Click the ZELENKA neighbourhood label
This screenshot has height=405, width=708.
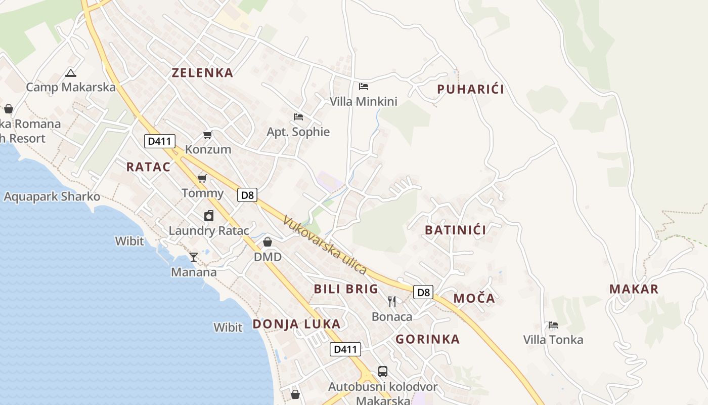tap(202, 73)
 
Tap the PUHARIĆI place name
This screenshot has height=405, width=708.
tap(470, 90)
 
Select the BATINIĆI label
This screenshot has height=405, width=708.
tap(455, 230)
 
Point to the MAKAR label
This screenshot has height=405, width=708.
tap(634, 289)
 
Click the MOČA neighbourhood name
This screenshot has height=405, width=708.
tap(474, 298)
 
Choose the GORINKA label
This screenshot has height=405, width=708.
tap(427, 339)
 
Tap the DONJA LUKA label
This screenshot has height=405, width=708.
tap(296, 324)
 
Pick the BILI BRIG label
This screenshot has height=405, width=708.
tap(346, 289)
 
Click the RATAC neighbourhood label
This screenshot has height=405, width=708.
tap(148, 167)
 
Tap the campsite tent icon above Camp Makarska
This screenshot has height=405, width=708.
tap(71, 73)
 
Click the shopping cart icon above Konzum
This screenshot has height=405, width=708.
tap(207, 135)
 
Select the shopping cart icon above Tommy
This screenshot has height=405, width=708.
tap(202, 178)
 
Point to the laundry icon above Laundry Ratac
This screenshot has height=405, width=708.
tap(209, 216)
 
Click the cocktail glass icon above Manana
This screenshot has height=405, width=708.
tap(194, 257)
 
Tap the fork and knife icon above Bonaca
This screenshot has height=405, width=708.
tap(392, 302)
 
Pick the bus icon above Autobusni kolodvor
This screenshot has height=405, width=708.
tap(383, 372)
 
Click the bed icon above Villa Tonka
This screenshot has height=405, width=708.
tap(553, 325)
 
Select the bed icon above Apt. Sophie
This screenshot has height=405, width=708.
tap(298, 117)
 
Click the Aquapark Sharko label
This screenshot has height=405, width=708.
tap(52, 196)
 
